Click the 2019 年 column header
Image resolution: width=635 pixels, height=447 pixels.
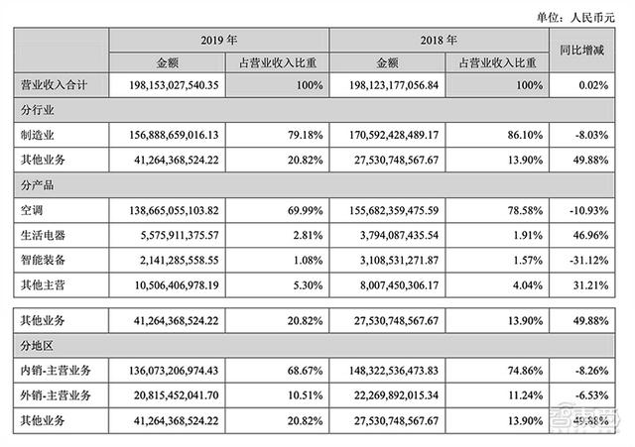218,40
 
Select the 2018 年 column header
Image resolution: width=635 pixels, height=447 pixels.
439,40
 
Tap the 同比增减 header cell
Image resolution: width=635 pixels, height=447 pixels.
582,51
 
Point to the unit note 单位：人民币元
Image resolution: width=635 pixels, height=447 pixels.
575,18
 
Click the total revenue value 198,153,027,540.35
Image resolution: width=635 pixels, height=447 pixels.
175,85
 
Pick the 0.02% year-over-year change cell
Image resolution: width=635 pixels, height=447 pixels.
593,85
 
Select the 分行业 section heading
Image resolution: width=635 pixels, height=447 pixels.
38,110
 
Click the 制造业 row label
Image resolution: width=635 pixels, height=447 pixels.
38,135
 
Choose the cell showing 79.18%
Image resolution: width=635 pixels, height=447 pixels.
306,135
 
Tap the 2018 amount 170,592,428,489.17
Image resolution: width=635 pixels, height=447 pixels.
394,135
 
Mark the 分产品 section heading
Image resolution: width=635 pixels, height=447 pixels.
38,185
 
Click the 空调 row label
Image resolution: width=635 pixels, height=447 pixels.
32,210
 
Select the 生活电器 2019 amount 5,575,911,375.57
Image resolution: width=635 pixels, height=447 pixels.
180,235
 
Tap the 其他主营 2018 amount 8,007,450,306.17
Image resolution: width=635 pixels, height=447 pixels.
399,285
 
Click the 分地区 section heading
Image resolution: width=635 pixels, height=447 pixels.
38,346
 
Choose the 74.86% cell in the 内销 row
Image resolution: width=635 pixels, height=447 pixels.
525,371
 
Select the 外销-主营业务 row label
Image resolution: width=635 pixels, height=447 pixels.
56,395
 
